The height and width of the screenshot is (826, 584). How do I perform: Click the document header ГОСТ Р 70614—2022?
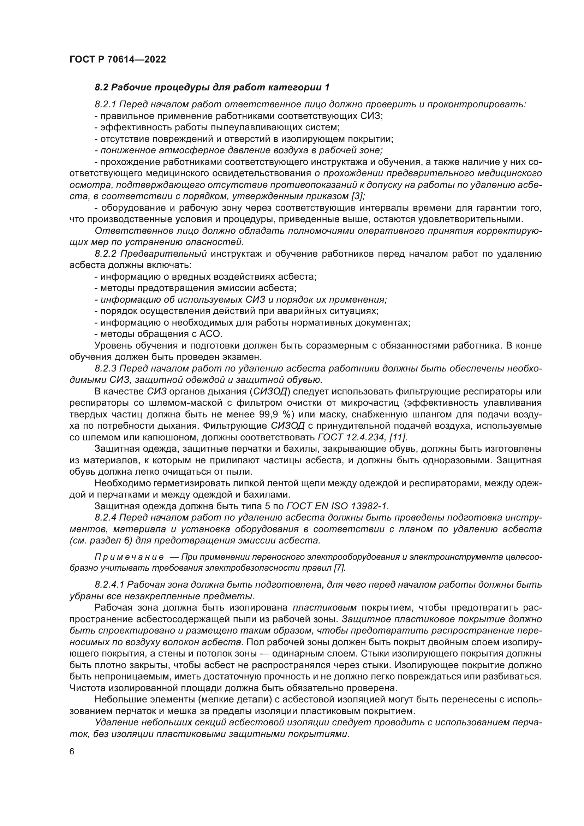coord(118,60)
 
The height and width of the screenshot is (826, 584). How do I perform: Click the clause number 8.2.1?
coord(105,105)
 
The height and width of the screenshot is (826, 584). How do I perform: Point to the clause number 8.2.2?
coord(105,254)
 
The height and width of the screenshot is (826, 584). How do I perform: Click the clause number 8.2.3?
coord(105,368)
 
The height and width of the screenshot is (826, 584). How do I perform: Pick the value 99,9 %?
coord(275,415)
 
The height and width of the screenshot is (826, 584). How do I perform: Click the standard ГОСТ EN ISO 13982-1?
coord(337,506)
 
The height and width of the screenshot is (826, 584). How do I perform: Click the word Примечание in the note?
coord(129,557)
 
